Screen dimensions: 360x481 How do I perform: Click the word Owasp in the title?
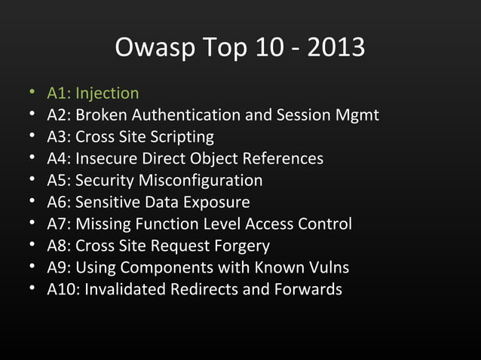[148, 48]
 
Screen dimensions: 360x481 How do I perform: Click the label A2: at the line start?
[59, 115]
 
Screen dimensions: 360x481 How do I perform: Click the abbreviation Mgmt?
[354, 115]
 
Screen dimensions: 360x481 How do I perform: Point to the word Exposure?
[217, 203]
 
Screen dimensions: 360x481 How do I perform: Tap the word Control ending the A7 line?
[324, 224]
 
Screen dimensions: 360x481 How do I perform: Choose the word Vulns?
[326, 268]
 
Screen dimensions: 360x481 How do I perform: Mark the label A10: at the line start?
[63, 290]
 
